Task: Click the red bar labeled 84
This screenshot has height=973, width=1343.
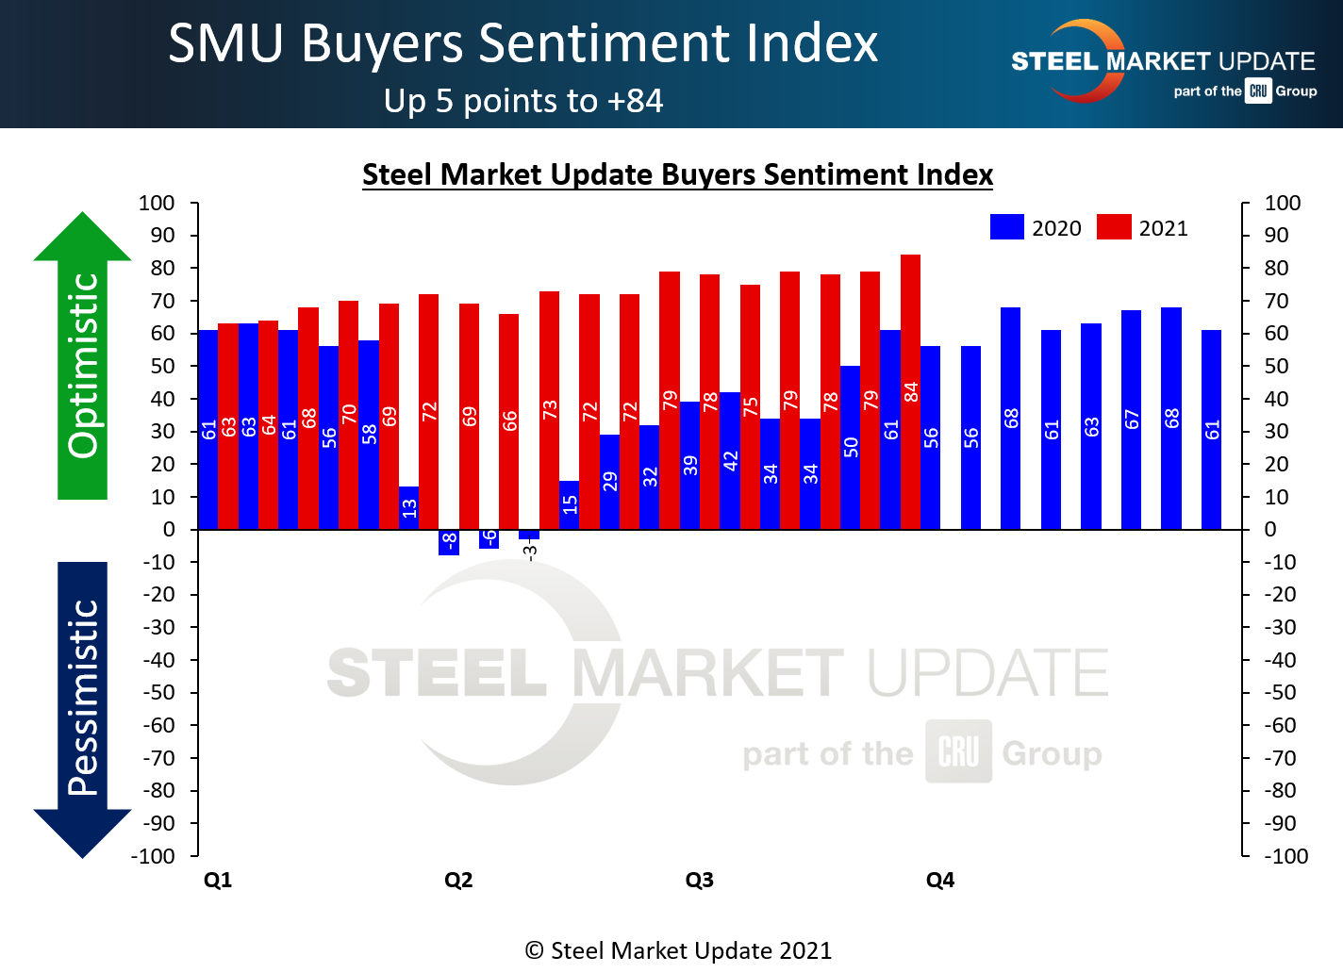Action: point(910,391)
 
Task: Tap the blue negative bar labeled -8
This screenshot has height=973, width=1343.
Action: point(449,542)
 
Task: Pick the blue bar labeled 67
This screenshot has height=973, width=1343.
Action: point(1131,419)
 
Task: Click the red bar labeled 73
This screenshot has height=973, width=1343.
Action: point(549,409)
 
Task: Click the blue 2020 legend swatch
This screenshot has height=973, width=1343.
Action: point(1006,227)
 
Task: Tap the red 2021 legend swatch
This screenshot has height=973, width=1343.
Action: point(1114,227)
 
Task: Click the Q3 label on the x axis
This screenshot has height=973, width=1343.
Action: point(699,880)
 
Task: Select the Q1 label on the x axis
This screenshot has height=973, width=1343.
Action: point(218,880)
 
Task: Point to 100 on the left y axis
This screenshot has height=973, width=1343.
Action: point(157,203)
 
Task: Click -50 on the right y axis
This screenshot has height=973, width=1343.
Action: point(1280,692)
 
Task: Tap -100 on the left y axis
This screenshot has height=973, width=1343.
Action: point(154,856)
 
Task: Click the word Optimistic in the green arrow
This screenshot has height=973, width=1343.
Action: point(83,366)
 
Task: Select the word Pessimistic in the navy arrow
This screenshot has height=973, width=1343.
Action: point(83,698)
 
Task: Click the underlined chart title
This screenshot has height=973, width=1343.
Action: point(677,174)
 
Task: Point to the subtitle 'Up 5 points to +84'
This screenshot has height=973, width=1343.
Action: point(523,101)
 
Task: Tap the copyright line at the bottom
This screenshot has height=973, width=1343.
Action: point(678,950)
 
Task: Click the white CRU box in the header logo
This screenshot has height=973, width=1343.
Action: point(1258,91)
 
